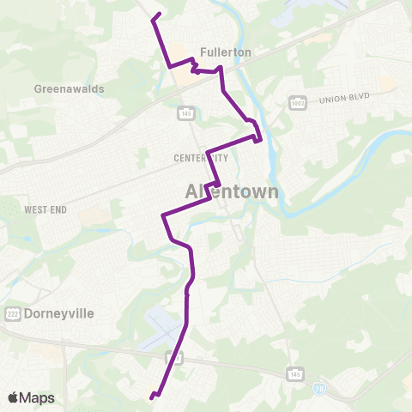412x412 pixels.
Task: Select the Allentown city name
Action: (x=233, y=191)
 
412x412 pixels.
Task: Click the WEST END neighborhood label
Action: (x=45, y=209)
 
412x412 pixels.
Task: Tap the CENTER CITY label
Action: (x=201, y=158)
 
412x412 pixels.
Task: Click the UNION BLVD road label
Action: (x=343, y=99)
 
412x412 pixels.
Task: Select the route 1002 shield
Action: (x=297, y=100)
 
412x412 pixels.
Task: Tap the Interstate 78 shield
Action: (x=319, y=388)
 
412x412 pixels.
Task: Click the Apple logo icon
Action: (x=14, y=397)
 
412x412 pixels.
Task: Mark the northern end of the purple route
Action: (x=161, y=14)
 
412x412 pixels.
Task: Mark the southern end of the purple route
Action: (x=151, y=397)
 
